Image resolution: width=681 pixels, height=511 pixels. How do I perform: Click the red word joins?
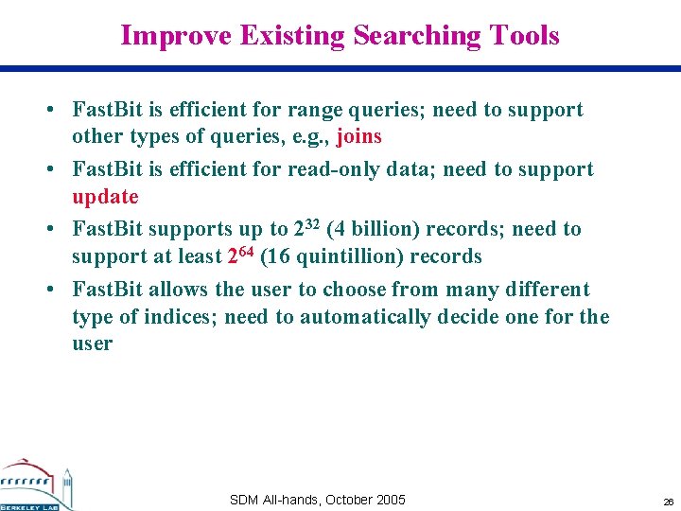pyautogui.click(x=358, y=137)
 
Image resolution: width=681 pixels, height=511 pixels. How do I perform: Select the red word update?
pyautogui.click(x=105, y=197)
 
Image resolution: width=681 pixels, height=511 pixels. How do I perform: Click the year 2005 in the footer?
pyautogui.click(x=390, y=500)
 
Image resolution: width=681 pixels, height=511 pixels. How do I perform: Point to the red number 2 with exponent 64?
pyautogui.click(x=238, y=256)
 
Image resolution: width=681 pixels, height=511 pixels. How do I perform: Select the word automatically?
pyautogui.click(x=364, y=317)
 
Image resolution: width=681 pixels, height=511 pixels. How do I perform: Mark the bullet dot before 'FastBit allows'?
pyautogui.click(x=49, y=290)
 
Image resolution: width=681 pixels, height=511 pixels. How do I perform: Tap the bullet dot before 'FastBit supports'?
pyautogui.click(x=49, y=230)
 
